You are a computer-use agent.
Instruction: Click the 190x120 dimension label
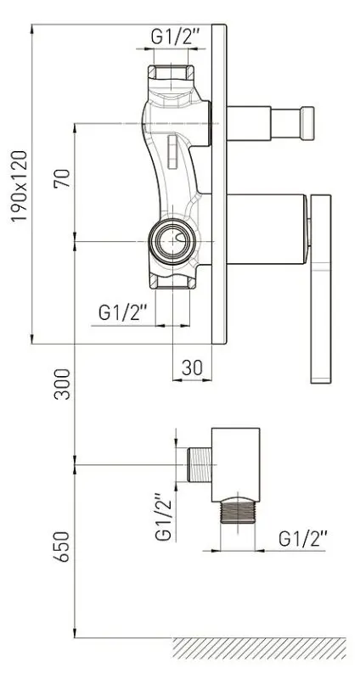[19, 186]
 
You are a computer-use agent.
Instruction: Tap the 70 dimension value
[62, 178]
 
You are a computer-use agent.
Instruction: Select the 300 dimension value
[62, 384]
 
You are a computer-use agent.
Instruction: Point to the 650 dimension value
[62, 547]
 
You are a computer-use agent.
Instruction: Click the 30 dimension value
[192, 368]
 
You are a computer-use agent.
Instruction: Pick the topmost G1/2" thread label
[176, 36]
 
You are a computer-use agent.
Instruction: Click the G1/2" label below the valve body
[123, 312]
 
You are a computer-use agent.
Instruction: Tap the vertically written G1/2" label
[164, 517]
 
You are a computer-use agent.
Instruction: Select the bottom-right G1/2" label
[303, 539]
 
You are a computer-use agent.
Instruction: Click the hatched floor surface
[260, 648]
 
